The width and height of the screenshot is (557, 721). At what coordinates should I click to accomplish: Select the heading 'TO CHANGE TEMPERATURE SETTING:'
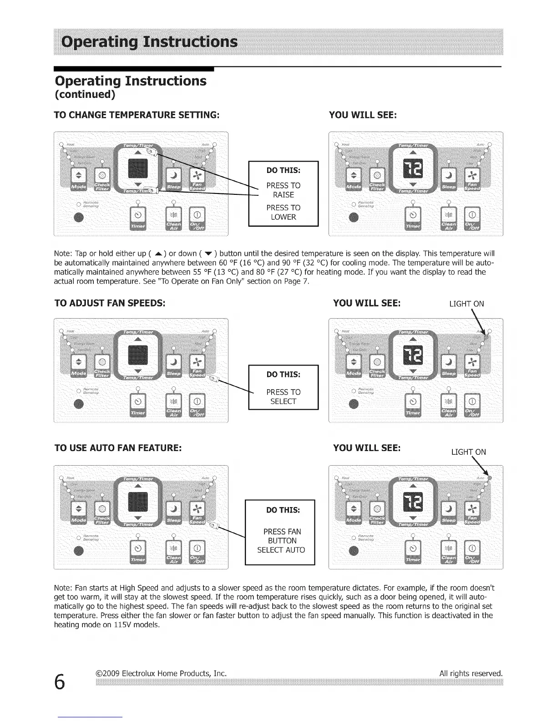coord(137,115)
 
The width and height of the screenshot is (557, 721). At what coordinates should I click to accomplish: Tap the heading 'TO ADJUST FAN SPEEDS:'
coord(110,303)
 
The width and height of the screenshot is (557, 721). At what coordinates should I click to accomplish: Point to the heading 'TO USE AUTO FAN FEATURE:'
coord(118,447)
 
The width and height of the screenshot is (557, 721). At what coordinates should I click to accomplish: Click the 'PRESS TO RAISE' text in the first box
coord(283,190)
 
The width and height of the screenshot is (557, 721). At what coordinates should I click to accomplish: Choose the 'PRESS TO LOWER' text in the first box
coord(283,212)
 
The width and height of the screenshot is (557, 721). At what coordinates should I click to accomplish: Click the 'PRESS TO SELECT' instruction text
coord(283,396)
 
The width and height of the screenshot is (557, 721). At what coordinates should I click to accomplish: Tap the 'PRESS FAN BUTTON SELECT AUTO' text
coord(281,541)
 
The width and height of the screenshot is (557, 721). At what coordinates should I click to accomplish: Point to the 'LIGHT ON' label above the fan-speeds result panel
coord(466,304)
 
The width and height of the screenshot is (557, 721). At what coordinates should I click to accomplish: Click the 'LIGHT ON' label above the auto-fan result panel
coord(468,452)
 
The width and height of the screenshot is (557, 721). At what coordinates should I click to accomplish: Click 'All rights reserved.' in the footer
coord(471,673)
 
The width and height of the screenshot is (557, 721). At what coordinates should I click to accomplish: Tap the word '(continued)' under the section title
coord(85,94)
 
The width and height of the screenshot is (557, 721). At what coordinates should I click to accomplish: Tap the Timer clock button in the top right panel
coord(413,214)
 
